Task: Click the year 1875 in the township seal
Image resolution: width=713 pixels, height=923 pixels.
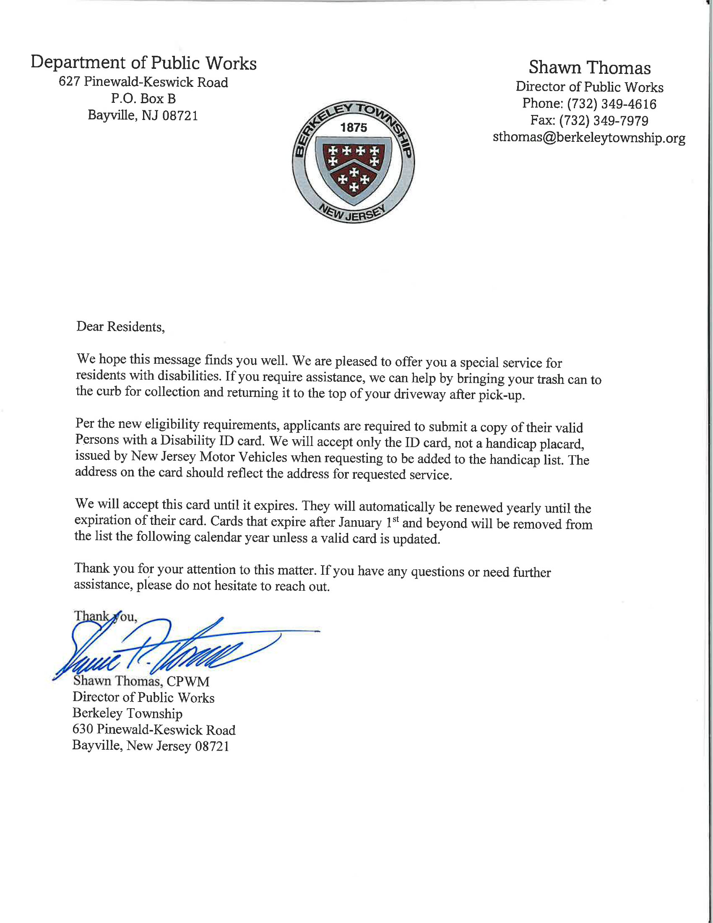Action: click(354, 128)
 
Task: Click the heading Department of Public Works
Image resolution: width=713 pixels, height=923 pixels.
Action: click(143, 63)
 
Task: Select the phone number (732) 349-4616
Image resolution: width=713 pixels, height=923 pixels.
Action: click(611, 104)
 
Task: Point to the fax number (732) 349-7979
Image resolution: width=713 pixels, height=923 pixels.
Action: click(604, 121)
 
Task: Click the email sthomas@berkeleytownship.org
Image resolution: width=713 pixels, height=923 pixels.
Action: click(589, 138)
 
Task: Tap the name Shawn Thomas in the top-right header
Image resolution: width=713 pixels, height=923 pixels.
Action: click(590, 68)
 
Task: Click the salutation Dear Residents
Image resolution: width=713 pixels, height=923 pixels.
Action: click(120, 327)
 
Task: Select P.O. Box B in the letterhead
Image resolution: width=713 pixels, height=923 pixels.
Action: click(143, 99)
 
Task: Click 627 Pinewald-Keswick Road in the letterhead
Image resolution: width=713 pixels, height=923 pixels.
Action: click(143, 82)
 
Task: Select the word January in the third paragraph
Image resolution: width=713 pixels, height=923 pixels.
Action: click(359, 523)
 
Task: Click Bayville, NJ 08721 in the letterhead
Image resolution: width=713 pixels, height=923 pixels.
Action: click(143, 115)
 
